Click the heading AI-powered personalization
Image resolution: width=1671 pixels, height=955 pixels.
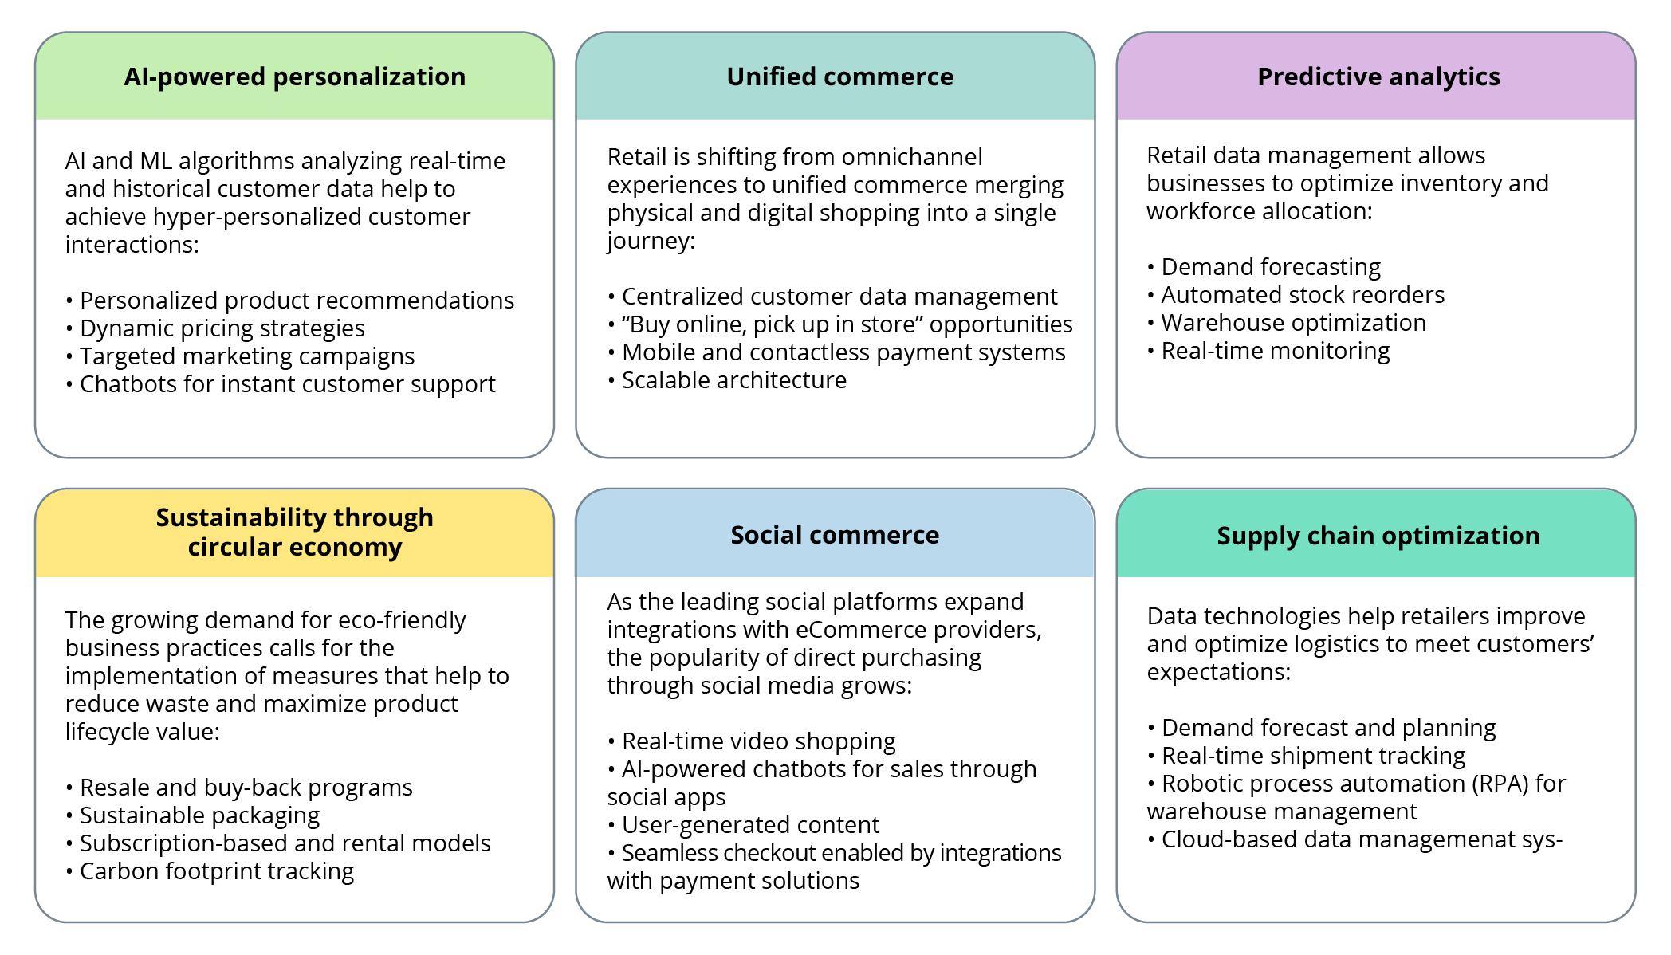coord(294,77)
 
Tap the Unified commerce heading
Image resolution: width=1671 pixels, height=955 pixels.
coord(839,77)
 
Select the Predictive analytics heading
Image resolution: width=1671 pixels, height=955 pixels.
coord(1378,77)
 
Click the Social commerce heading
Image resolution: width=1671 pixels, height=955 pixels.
coord(835,535)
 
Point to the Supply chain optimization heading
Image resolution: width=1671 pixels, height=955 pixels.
coord(1378,536)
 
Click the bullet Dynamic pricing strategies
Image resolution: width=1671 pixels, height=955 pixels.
coord(222,328)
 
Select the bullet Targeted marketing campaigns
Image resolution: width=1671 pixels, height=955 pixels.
coord(246,356)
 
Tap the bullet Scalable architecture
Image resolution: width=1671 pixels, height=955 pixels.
coord(733,380)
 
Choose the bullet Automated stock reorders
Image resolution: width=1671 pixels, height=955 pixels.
coord(1302,295)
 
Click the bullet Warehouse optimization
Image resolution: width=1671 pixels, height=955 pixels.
coord(1293,323)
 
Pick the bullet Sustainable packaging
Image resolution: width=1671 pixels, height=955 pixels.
coord(199,815)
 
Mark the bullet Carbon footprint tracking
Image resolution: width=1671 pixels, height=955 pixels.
coord(216,871)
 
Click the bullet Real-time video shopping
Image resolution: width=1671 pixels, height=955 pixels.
coord(758,741)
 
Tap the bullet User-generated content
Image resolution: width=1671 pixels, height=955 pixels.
coord(750,825)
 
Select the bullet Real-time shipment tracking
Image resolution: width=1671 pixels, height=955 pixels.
coord(1313,756)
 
